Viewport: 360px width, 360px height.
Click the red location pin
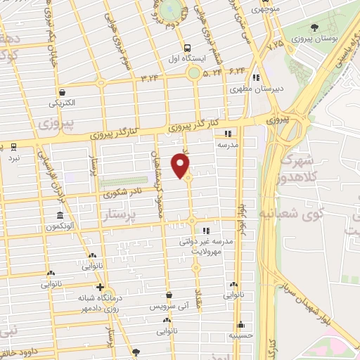click(x=181, y=166)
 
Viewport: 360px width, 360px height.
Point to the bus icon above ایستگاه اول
click(x=186, y=48)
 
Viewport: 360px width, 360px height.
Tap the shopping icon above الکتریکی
click(x=63, y=92)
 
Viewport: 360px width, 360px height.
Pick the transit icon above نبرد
click(x=14, y=147)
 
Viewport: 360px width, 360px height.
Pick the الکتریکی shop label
click(x=62, y=103)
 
